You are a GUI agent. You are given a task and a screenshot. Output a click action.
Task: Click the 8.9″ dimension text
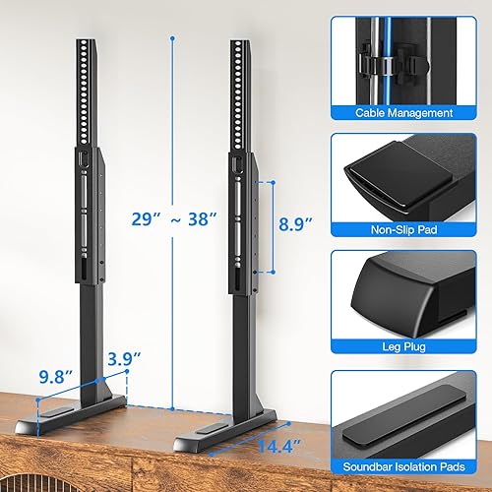tap(293, 224)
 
